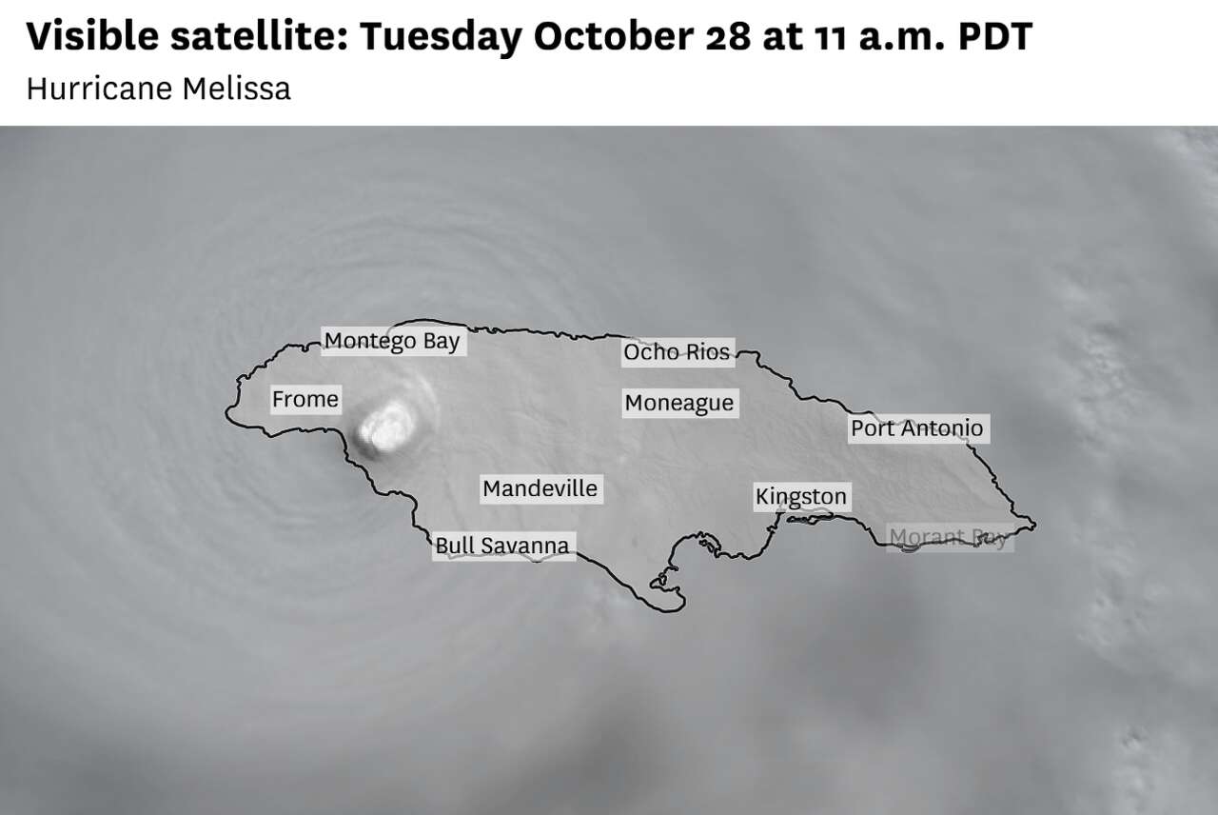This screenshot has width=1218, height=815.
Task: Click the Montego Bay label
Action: (x=392, y=341)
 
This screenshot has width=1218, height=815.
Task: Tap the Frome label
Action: (x=304, y=399)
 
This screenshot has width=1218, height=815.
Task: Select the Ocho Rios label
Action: (x=677, y=352)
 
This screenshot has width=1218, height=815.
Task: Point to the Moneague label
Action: (x=679, y=403)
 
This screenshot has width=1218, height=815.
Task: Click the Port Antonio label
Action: (x=916, y=428)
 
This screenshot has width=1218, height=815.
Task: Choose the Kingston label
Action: (x=800, y=496)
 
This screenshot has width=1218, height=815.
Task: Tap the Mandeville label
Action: (x=540, y=488)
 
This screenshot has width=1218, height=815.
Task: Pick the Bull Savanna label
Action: (x=502, y=546)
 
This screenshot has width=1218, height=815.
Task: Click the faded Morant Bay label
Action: (x=948, y=538)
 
